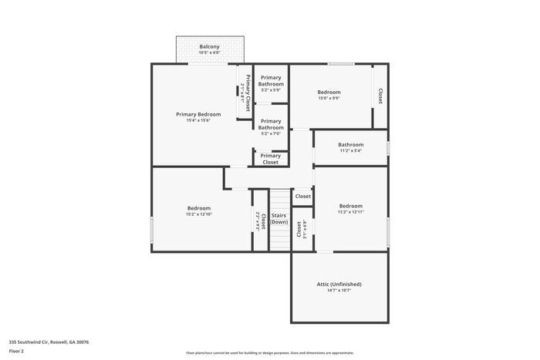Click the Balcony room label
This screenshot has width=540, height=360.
click(x=209, y=47)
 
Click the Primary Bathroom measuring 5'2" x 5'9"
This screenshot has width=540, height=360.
click(x=271, y=80)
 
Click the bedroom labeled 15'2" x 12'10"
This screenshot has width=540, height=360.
click(x=198, y=210)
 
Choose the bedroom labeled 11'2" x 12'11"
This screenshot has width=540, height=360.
click(x=350, y=208)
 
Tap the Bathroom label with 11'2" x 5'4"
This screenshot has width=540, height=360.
click(x=350, y=147)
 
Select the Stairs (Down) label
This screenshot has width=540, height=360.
click(x=279, y=218)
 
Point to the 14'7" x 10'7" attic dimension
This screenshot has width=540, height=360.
click(x=339, y=291)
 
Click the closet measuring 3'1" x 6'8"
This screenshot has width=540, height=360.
click(x=302, y=229)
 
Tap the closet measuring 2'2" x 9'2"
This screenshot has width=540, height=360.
click(x=261, y=222)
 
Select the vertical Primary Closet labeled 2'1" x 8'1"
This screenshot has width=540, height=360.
click(x=246, y=93)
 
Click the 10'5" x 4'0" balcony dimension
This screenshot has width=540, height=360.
click(x=209, y=52)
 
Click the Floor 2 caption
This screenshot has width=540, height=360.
click(x=16, y=351)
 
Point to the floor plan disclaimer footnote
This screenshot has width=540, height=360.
click(x=269, y=352)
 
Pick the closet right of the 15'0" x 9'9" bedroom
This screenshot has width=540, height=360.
click(x=380, y=96)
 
